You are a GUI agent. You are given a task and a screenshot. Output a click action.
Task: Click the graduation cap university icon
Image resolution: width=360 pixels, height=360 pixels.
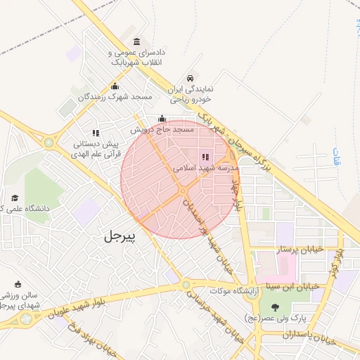pyautogui.click(x=15, y=198)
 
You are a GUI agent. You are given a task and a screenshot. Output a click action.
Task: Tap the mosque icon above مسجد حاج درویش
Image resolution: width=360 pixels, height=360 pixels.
pyautogui.click(x=162, y=118)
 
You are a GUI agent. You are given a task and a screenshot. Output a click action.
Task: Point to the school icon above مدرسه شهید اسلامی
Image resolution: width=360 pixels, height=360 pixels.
pyautogui.click(x=206, y=157)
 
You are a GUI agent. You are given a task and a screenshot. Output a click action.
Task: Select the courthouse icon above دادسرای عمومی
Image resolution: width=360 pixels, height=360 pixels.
pyautogui.click(x=136, y=41)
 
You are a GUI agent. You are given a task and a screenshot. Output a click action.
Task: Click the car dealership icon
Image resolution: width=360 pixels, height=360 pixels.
pyautogui.click(x=190, y=79)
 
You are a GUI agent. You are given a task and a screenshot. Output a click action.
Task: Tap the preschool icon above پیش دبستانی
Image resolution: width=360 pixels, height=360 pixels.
pyautogui.click(x=96, y=132)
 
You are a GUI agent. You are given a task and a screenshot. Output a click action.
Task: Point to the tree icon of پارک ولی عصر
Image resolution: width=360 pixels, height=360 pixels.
pyautogui.click(x=274, y=307)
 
